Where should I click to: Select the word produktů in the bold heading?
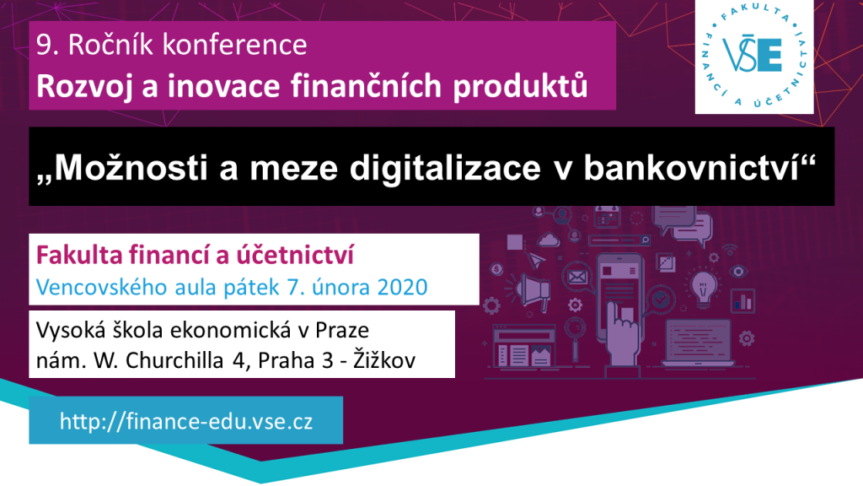(520, 86)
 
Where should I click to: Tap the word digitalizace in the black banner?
(445, 167)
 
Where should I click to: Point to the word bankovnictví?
(691, 167)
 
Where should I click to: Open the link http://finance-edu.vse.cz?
(186, 422)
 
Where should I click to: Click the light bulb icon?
(703, 288)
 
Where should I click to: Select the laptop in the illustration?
(699, 343)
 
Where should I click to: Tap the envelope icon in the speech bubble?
(576, 277)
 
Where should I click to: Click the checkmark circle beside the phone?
(661, 300)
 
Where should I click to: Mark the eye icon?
(737, 271)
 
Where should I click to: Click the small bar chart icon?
(743, 301)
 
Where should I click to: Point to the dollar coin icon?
(496, 269)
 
